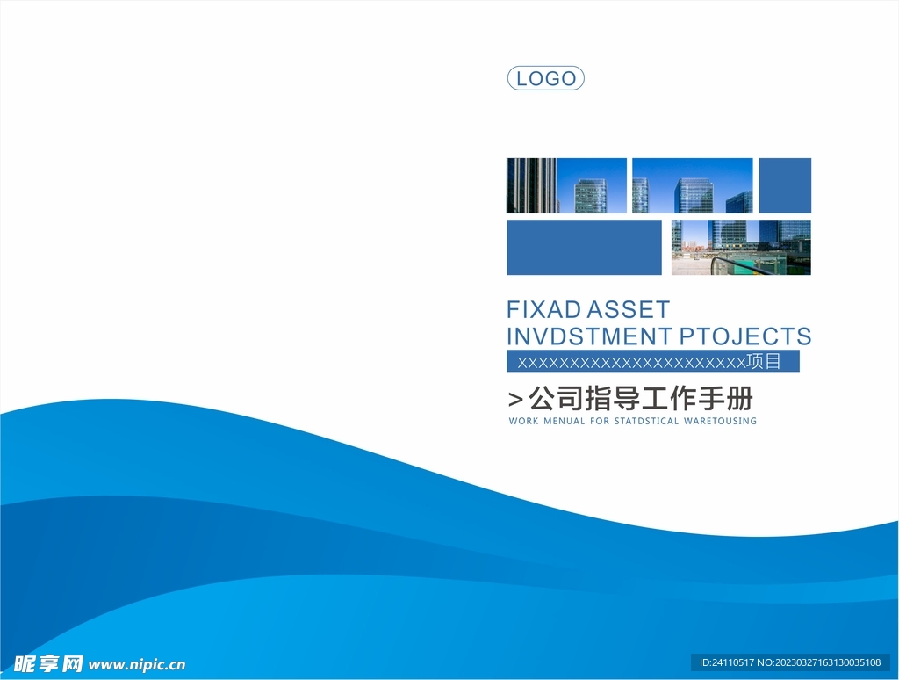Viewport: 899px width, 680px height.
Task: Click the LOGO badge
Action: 546,78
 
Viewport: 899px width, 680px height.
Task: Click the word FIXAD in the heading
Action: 543,310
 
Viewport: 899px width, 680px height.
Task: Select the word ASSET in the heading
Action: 628,310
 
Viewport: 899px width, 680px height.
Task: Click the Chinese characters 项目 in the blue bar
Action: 764,361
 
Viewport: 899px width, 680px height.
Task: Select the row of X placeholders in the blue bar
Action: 631,362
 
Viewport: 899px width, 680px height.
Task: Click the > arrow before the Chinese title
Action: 515,399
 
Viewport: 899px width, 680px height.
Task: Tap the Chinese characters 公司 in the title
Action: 556,398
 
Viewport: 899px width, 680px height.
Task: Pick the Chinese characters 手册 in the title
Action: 725,398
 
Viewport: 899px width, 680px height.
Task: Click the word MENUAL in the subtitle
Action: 565,421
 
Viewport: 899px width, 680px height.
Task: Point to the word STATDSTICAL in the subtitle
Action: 646,421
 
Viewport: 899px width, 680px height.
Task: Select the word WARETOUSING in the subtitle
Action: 720,421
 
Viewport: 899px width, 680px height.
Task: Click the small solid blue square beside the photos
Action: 785,185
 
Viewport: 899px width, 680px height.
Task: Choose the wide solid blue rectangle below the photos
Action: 584,248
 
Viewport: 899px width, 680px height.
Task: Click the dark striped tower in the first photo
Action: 531,185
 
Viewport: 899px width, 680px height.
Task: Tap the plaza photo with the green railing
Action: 741,248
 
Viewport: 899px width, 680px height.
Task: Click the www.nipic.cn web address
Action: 137,664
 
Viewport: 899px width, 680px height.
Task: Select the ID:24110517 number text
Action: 726,662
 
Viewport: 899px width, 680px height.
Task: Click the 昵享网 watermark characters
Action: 48,664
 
